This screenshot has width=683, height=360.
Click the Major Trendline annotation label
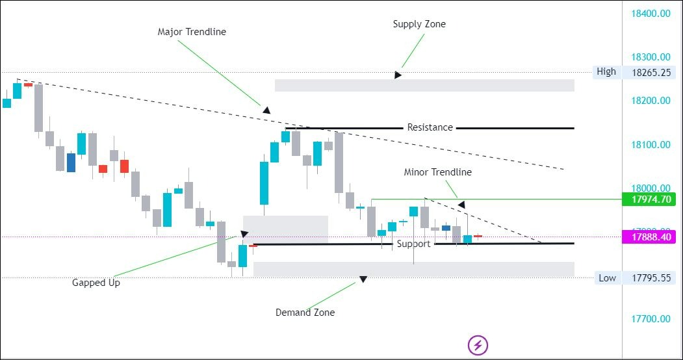tap(192, 32)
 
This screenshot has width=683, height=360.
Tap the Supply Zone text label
tap(419, 24)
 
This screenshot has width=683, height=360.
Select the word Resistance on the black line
tap(430, 127)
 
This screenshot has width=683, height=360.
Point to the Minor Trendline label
tap(437, 172)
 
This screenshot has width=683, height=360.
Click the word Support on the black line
tap(414, 244)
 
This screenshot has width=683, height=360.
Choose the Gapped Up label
tap(96, 283)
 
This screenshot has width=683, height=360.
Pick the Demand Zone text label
tap(305, 313)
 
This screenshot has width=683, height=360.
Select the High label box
tap(606, 71)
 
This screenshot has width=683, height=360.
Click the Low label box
tap(607, 278)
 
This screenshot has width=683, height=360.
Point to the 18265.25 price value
tap(651, 73)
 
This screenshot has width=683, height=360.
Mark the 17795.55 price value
tap(651, 278)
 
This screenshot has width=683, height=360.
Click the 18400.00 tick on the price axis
tap(651, 13)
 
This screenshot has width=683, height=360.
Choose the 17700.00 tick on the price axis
tap(651, 319)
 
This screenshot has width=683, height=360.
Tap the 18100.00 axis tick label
tap(651, 144)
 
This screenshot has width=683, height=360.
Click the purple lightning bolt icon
tap(478, 344)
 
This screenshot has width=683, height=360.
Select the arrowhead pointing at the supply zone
tap(398, 75)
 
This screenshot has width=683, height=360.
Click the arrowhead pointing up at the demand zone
tap(363, 279)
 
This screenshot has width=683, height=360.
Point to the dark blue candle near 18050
tap(71, 162)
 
